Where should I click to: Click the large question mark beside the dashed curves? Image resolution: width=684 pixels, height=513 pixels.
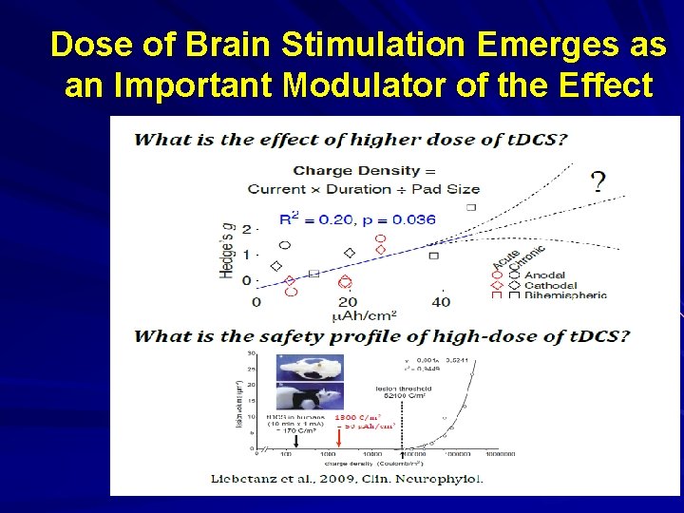point(598,182)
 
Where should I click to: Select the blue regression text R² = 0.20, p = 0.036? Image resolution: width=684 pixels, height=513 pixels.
point(357,219)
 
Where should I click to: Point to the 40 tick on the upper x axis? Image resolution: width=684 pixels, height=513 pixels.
point(441,302)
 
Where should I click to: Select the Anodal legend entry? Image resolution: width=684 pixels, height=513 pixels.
point(544,275)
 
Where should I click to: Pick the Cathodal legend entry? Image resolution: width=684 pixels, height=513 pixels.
point(550,285)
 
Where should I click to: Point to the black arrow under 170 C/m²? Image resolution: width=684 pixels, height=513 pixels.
point(296,439)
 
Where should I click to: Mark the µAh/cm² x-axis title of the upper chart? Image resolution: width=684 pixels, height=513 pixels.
point(364,314)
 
